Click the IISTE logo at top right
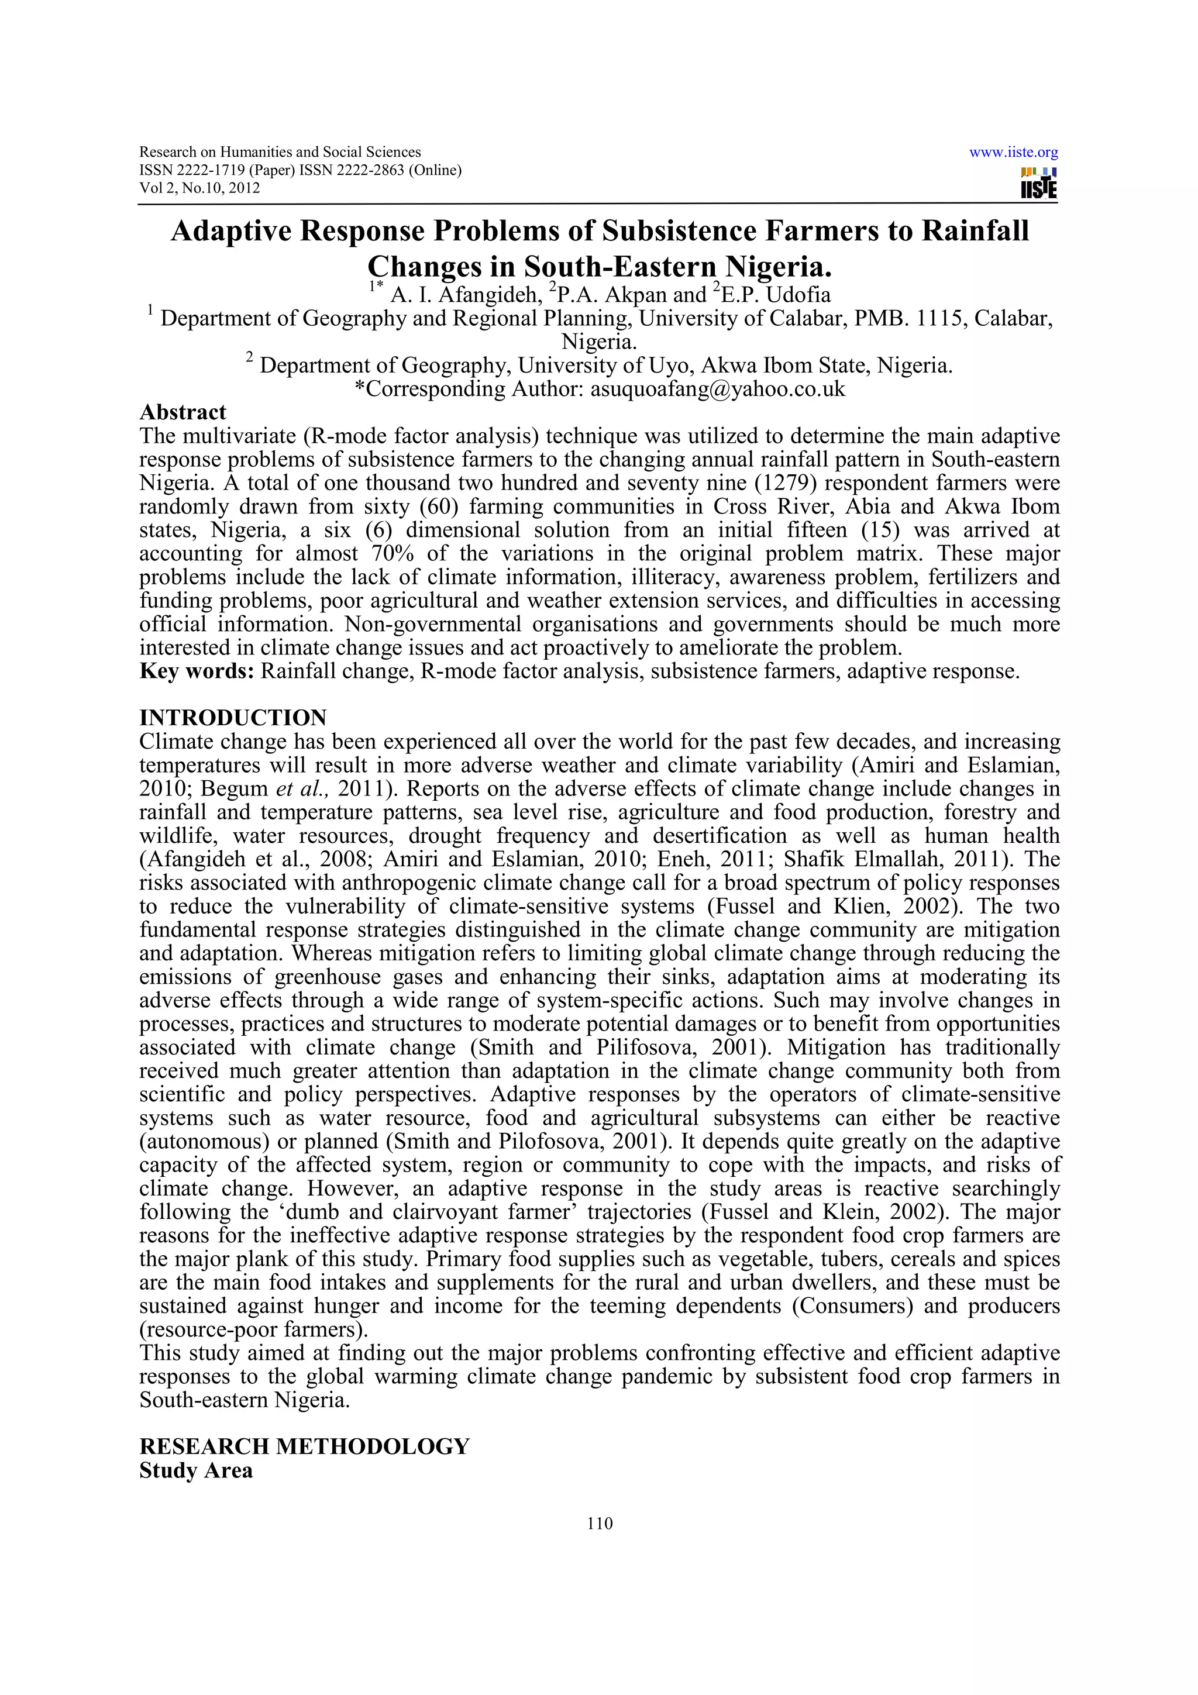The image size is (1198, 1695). [x=1038, y=183]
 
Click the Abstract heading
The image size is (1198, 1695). [x=183, y=412]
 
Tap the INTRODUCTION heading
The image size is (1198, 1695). [x=232, y=718]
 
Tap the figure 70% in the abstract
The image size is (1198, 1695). [x=387, y=554]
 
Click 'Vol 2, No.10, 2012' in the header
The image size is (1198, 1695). [x=199, y=188]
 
